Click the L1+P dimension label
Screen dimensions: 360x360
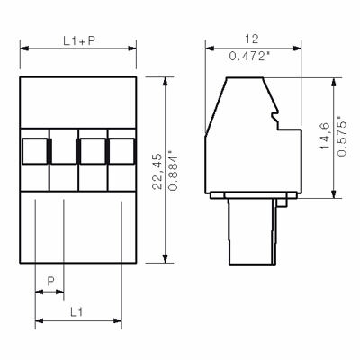78,40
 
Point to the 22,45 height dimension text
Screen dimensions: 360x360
157,168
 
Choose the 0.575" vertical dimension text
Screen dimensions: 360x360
340,138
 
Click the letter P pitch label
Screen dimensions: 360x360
50,281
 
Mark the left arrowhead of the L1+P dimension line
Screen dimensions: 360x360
22,49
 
